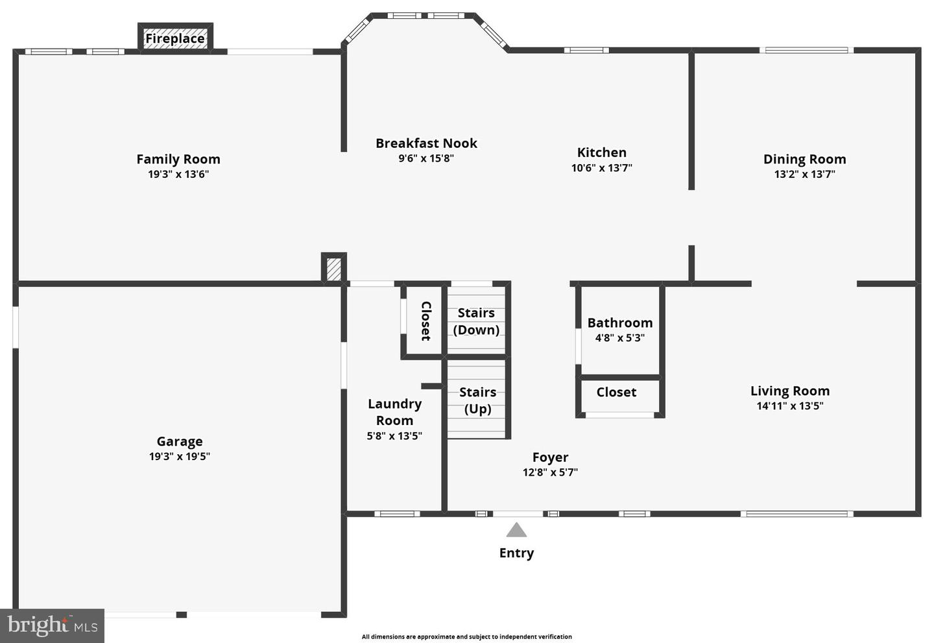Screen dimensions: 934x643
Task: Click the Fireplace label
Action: tap(175, 38)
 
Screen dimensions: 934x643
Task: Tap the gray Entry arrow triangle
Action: tap(516, 530)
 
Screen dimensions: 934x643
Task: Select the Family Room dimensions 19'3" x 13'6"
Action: tap(178, 174)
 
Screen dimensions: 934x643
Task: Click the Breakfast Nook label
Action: tap(426, 143)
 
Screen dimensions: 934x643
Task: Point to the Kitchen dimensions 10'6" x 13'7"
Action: tap(602, 167)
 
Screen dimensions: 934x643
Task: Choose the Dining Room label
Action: tap(805, 159)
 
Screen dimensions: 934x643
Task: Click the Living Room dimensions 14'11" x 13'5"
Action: tap(790, 406)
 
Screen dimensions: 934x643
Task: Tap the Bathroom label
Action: tap(620, 322)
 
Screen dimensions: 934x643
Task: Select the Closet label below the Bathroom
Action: tap(616, 392)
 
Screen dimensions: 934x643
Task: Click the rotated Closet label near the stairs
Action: tap(425, 321)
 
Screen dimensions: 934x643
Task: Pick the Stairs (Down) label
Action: tap(476, 321)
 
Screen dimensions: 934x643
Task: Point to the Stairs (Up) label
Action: tap(478, 400)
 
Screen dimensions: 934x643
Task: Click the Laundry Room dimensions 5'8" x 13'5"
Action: tap(394, 436)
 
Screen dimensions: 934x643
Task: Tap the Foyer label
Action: tap(551, 457)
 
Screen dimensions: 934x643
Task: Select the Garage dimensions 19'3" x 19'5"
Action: tap(180, 456)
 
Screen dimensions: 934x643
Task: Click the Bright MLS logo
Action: tap(52, 625)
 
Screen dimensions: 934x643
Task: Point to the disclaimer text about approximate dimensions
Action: tap(466, 637)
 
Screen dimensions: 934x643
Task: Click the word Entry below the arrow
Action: tap(516, 553)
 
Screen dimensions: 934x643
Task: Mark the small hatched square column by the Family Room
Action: tap(333, 269)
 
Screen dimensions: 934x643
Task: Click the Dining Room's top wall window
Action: tap(806, 51)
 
